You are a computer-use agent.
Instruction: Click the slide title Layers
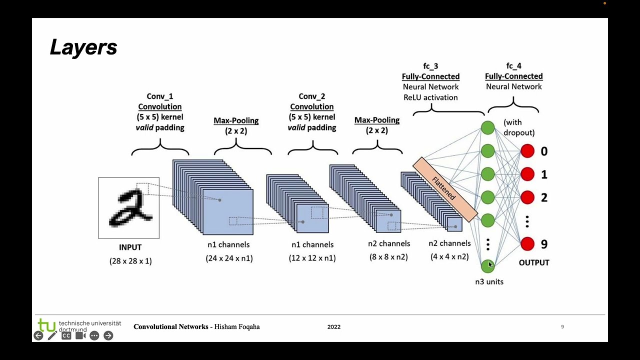pyautogui.click(x=83, y=47)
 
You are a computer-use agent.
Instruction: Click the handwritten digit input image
pyautogui.click(x=129, y=207)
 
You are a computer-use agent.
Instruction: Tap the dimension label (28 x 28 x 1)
pyautogui.click(x=130, y=261)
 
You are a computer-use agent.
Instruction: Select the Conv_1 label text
pyautogui.click(x=160, y=96)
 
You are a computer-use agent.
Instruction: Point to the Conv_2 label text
pyautogui.click(x=312, y=96)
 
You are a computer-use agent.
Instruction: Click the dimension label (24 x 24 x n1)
pyautogui.click(x=229, y=258)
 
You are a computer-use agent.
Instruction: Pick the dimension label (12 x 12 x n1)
pyautogui.click(x=312, y=258)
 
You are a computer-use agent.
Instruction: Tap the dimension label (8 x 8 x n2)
pyautogui.click(x=389, y=257)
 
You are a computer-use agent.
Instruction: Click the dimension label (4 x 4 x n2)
pyautogui.click(x=449, y=257)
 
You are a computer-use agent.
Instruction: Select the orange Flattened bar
pyautogui.click(x=445, y=189)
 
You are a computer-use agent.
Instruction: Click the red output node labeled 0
pyautogui.click(x=527, y=151)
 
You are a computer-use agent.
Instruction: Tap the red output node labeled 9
pyautogui.click(x=527, y=244)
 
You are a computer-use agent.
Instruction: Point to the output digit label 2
pyautogui.click(x=544, y=197)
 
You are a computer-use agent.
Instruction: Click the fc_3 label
pyautogui.click(x=430, y=66)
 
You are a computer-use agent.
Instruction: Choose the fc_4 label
pyautogui.click(x=513, y=66)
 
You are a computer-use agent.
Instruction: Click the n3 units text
pyautogui.click(x=489, y=281)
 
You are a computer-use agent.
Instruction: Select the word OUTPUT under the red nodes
pyautogui.click(x=534, y=262)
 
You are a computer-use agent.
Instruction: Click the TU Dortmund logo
pyautogui.click(x=47, y=325)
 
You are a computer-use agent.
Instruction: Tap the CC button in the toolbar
pyautogui.click(x=66, y=335)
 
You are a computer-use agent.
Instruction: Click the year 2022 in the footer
pyautogui.click(x=334, y=327)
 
